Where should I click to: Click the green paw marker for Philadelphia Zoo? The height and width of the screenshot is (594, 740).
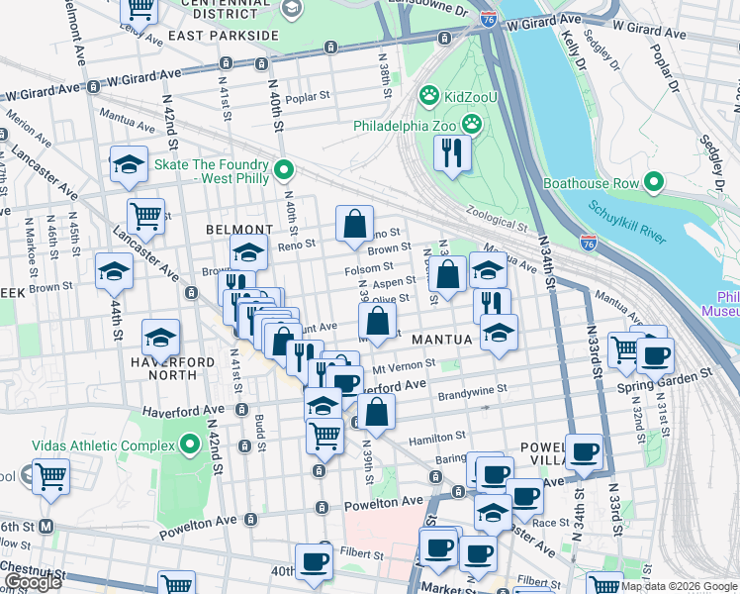pos(473,125)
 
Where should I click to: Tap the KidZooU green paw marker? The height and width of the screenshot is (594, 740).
pos(428,96)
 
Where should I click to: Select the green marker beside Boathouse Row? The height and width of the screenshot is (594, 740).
pos(653,182)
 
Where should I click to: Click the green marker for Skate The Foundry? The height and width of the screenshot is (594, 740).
pos(285,171)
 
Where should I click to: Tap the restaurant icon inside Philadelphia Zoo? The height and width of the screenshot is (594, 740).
pos(453,153)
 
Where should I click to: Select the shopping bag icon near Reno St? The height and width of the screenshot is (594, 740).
pos(354,224)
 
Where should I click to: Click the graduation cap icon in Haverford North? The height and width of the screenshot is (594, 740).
pos(161,337)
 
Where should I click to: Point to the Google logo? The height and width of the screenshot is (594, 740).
pos(33,581)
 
